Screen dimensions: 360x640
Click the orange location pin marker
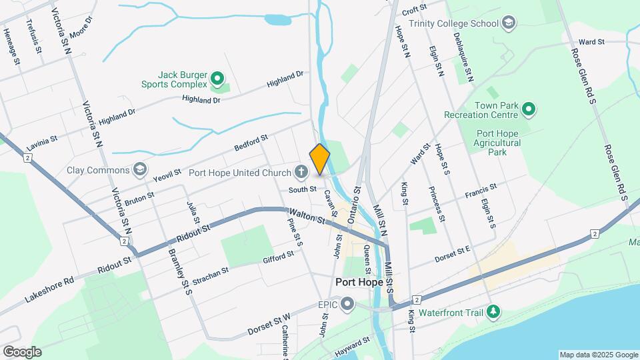[320, 159]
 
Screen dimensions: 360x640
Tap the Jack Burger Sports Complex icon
[217, 80]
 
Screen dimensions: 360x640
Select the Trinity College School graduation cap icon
[509, 23]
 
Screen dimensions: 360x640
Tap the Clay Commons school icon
[139, 169]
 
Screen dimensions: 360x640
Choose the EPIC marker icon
[347, 305]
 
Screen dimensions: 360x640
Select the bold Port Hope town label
[359, 281]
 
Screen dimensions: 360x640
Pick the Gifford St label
[278, 257]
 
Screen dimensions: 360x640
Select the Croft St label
[414, 9]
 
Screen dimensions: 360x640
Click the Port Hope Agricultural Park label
[497, 143]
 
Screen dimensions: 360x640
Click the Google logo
[22, 352]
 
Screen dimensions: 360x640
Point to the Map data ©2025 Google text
[598, 355]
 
